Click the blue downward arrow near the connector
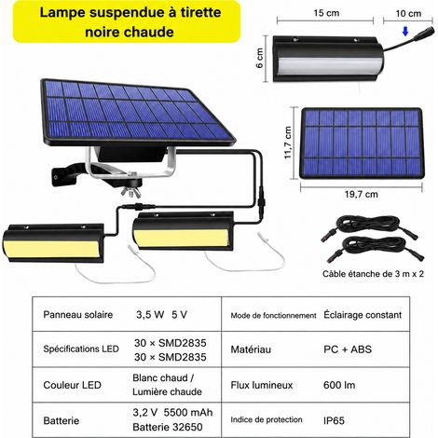coord(405,31)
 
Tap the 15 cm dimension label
coord(326,13)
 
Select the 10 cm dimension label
coord(408,13)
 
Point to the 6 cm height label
coord(260,58)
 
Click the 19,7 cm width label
coord(362,195)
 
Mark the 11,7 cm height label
coord(288,143)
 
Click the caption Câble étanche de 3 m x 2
coord(373,274)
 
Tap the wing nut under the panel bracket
coord(130,192)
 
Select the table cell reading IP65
coord(334,420)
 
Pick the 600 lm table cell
coord(339,385)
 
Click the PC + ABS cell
coord(348,349)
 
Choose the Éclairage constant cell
coord(363,315)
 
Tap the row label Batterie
coord(62,420)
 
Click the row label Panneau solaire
coord(78,315)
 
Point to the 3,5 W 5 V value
coord(161,315)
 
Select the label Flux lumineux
coord(262,385)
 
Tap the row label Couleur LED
coord(73,385)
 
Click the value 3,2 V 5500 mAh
coord(172,413)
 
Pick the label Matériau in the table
coord(251,349)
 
